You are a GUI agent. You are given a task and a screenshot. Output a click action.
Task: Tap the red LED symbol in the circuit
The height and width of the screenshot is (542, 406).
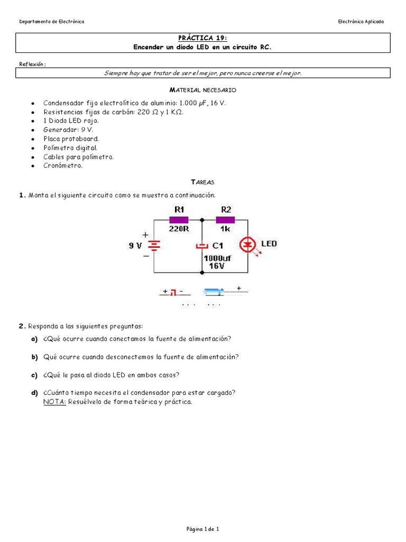click(x=247, y=245)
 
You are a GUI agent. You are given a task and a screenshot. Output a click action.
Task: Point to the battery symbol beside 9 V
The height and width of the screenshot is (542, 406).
click(x=154, y=245)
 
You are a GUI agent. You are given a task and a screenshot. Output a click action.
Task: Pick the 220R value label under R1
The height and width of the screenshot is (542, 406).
click(x=178, y=229)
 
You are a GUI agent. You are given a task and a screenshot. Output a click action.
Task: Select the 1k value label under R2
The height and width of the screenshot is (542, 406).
click(x=226, y=229)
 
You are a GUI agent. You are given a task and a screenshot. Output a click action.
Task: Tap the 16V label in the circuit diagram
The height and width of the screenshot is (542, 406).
click(x=216, y=266)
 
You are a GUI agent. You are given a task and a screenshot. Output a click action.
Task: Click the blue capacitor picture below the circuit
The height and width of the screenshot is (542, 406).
click(x=214, y=291)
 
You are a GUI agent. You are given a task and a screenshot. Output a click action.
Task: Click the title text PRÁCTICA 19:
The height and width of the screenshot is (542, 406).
click(x=203, y=38)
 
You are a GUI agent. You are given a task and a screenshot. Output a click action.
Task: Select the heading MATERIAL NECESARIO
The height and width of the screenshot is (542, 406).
click(x=202, y=91)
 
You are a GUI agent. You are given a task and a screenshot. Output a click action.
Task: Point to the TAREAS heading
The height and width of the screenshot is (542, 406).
click(x=202, y=182)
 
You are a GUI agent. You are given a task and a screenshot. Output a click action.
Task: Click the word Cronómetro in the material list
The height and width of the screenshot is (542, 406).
click(x=63, y=166)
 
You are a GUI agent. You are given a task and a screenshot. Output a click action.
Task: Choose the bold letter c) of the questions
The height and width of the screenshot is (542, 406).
click(x=34, y=375)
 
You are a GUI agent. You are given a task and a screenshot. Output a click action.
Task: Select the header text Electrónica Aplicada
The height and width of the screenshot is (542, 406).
click(x=361, y=22)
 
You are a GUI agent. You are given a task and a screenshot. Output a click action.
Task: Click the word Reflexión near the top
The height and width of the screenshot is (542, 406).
click(x=32, y=64)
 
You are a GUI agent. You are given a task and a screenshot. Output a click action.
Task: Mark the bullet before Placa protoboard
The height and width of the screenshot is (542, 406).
click(x=33, y=139)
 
